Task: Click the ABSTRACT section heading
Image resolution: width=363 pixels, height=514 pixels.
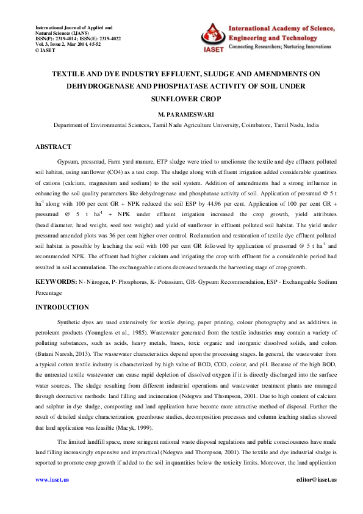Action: [x=53, y=147]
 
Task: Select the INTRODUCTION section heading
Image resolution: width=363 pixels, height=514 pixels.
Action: [x=62, y=307]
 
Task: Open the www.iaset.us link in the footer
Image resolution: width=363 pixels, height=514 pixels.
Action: [x=52, y=480]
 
